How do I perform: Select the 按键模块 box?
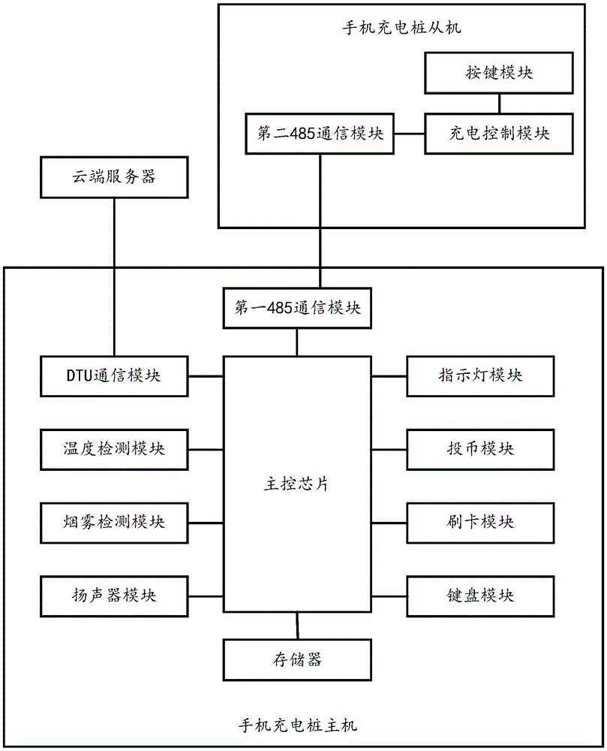(498, 73)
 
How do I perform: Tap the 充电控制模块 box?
(498, 133)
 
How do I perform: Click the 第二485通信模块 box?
(320, 134)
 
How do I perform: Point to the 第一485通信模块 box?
(297, 309)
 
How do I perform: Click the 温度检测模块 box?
(115, 448)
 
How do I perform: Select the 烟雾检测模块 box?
(115, 520)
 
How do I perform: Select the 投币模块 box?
(480, 448)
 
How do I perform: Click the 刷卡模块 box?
(480, 520)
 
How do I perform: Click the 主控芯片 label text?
(298, 484)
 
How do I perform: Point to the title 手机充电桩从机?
(401, 29)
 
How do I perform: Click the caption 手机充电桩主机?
(298, 726)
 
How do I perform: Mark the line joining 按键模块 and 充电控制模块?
(498, 103)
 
